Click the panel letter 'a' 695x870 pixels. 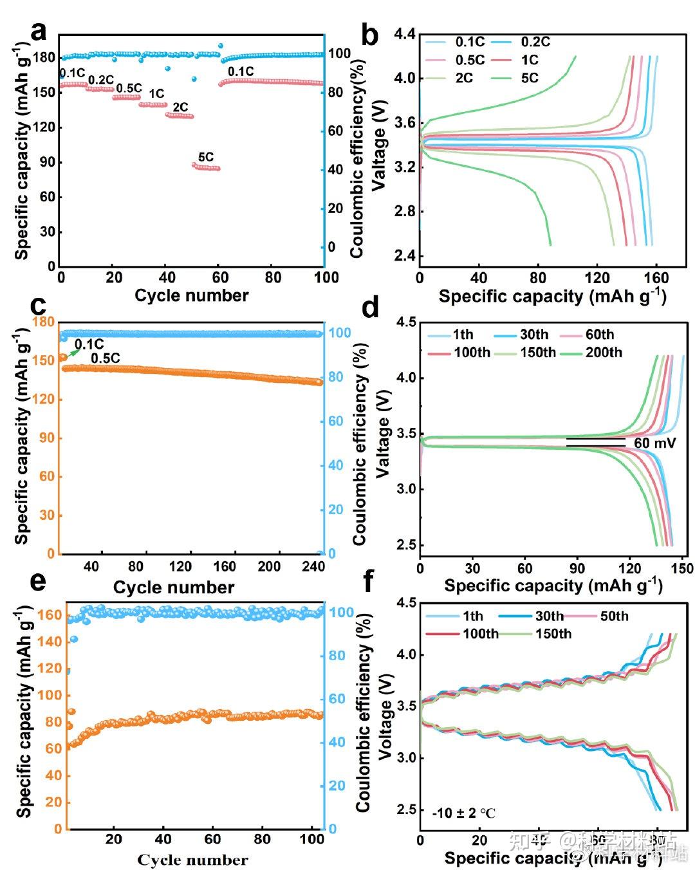click(39, 31)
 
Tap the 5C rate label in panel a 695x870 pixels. click(206, 157)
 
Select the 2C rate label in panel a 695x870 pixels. click(180, 107)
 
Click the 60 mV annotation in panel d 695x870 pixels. click(655, 443)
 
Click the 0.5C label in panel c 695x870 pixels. click(105, 358)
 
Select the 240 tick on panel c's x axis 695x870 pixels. click(313, 566)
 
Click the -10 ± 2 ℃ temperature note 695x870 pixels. click(464, 813)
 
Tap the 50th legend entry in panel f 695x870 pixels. click(614, 616)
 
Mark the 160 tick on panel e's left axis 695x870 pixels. click(53, 615)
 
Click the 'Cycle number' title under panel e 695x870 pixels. click(192, 860)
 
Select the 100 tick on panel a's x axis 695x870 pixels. click(326, 277)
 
